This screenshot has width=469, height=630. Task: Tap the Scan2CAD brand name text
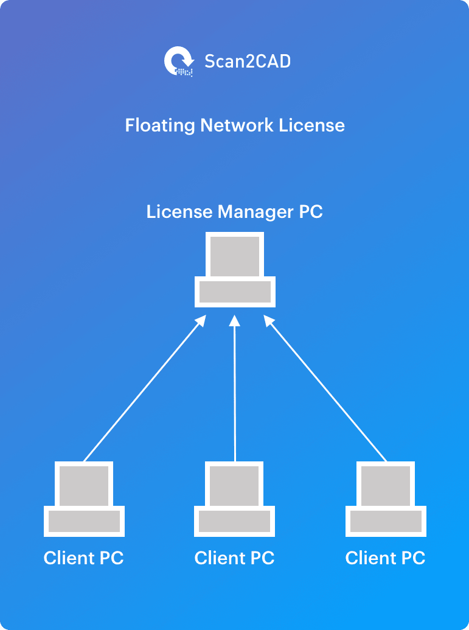247,61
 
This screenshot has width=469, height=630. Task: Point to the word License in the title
312,125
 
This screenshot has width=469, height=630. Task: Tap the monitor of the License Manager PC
235,256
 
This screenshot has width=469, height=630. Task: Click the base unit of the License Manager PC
235,292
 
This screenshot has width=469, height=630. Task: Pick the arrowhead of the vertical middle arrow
235,320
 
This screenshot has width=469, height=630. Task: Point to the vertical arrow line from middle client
235,396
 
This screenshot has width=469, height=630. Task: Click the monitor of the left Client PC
84,485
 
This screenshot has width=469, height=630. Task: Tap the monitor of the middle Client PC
235,485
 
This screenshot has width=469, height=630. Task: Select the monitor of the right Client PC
386,485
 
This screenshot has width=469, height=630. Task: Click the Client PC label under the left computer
84,558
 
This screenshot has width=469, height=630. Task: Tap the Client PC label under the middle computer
235,558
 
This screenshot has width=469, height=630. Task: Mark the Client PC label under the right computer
386,558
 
